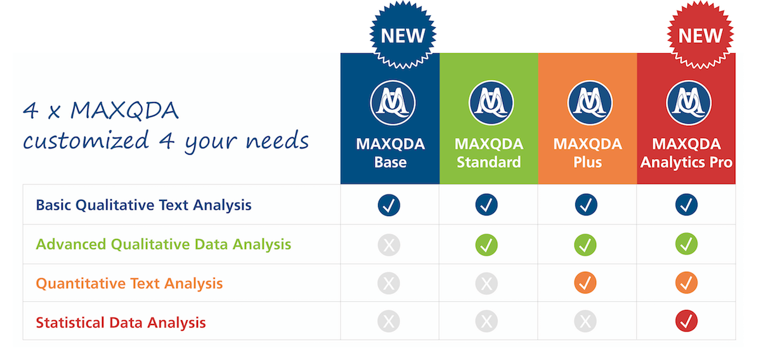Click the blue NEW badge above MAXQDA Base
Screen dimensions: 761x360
403,35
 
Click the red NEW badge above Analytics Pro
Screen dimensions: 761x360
700,35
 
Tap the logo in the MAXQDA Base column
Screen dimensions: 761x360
393,103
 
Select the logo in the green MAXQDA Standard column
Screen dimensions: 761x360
491,103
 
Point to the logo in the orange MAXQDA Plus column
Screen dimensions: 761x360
590,103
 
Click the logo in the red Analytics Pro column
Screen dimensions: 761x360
689,103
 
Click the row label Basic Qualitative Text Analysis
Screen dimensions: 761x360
144,205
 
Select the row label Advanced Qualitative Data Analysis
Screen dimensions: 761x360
164,244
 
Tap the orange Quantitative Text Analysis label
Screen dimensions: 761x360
129,283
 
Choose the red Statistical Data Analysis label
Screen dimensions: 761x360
120,323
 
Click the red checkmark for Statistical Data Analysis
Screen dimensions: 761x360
686,321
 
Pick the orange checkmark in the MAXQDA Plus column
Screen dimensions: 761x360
585,283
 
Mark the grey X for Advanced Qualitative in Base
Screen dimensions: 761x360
389,245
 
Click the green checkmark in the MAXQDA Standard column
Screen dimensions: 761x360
486,245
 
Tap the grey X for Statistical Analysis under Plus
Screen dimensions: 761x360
585,321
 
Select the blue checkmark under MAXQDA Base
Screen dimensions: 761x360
389,205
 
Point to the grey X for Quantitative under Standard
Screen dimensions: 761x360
486,283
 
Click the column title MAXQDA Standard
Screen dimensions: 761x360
489,153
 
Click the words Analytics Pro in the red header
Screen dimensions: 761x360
686,162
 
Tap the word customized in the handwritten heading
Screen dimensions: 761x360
86,140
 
